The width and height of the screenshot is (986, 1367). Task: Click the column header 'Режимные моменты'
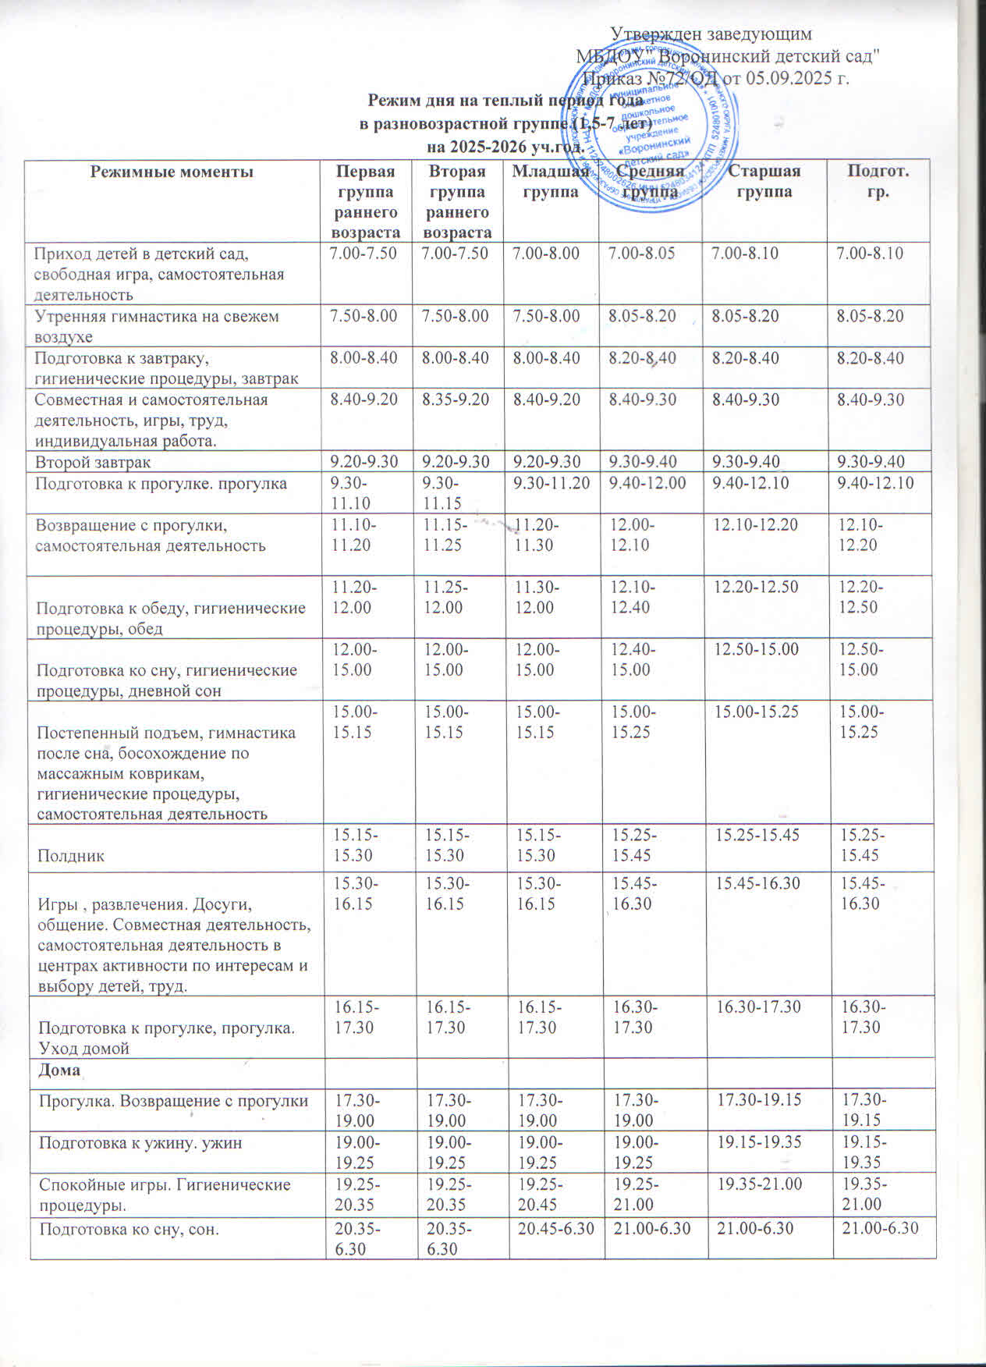coord(172,172)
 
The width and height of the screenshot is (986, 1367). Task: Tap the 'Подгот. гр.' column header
coord(878,181)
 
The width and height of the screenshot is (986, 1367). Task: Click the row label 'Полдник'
coord(72,856)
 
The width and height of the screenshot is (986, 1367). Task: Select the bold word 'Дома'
coord(59,1071)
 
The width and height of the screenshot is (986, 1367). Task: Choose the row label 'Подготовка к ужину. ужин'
coord(141,1143)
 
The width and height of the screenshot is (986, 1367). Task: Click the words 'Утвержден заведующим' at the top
coord(711,34)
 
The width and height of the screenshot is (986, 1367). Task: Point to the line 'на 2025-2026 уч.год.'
coord(505,146)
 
